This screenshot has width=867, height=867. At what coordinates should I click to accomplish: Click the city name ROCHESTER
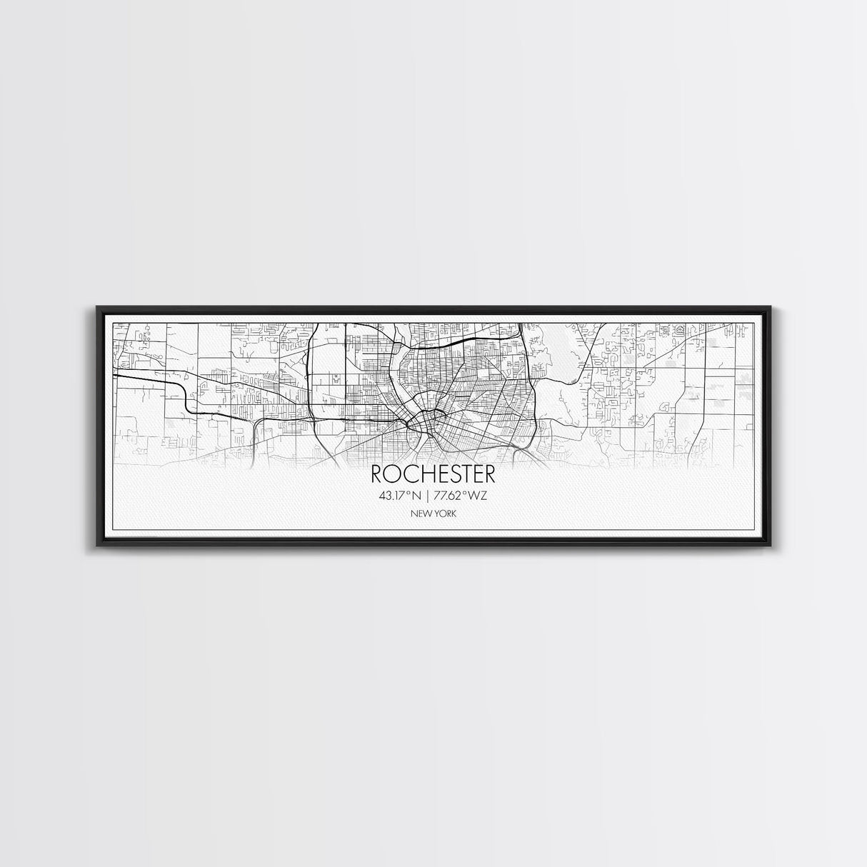point(433,474)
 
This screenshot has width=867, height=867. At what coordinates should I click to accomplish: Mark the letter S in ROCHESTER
point(448,474)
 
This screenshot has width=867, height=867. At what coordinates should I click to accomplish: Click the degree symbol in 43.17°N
point(406,493)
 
